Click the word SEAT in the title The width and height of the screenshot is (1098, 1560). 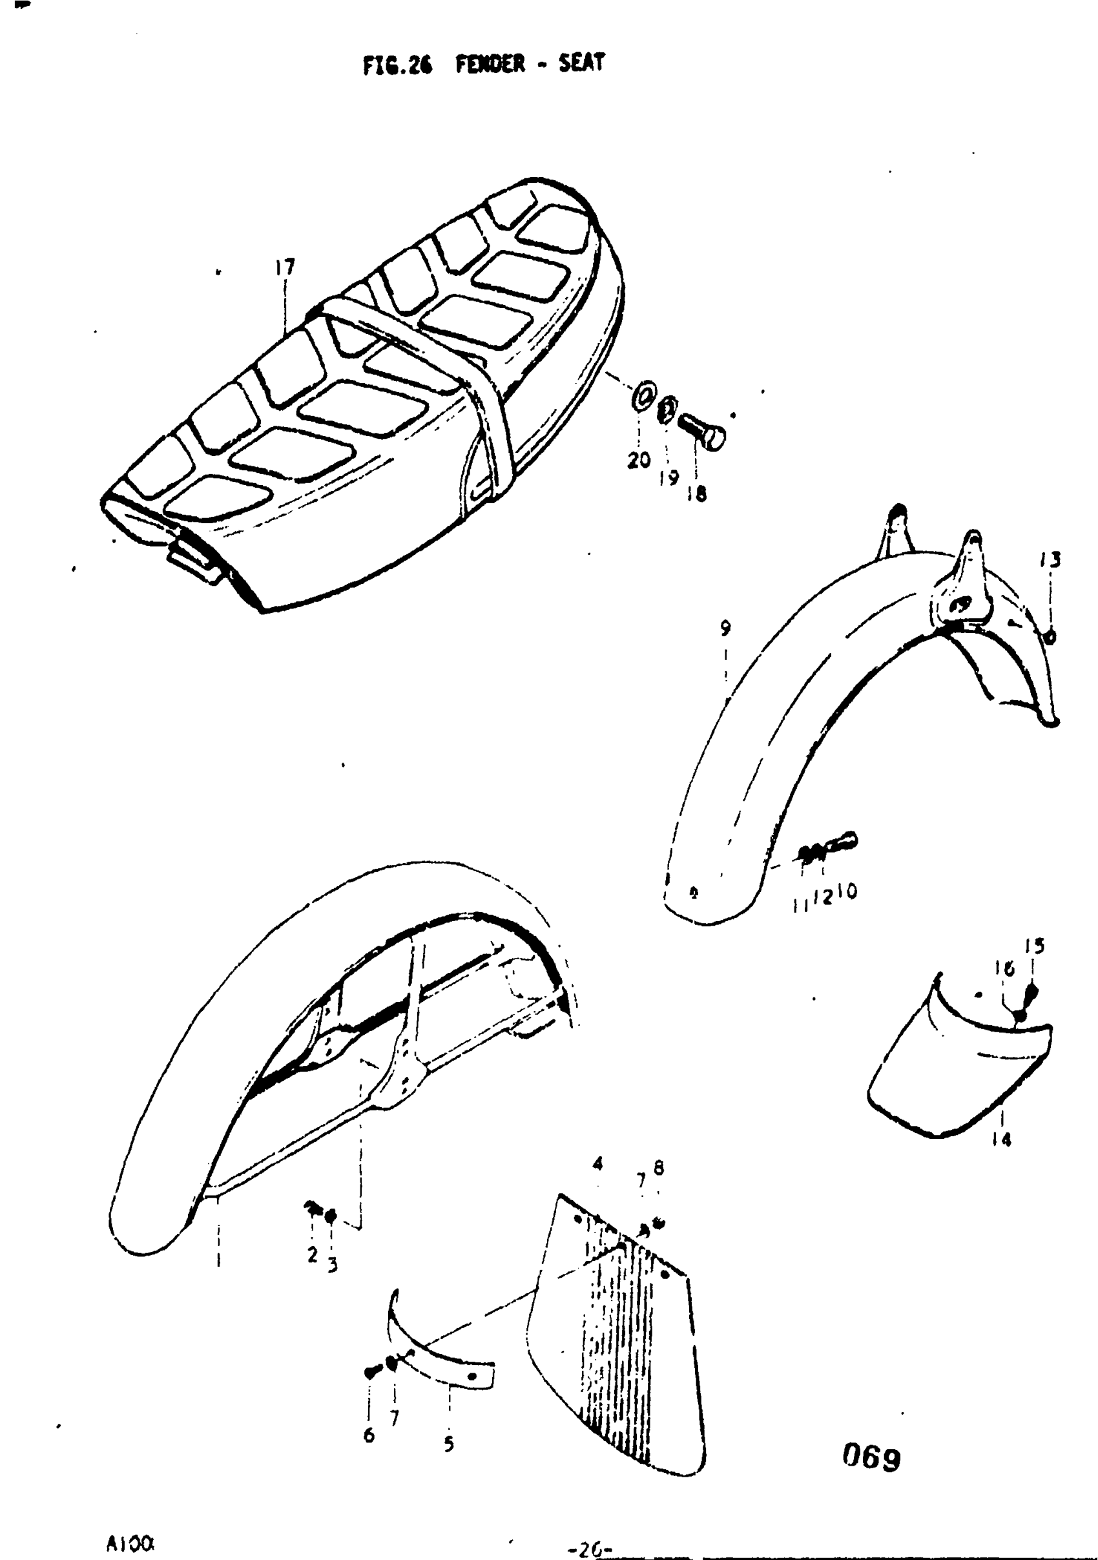tap(581, 63)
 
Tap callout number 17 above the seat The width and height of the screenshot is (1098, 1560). tap(285, 267)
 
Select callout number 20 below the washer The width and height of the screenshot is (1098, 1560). tap(639, 460)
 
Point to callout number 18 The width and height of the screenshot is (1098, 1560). tap(697, 494)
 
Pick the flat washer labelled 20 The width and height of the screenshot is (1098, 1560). tap(643, 395)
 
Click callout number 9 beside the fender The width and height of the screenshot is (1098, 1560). tap(726, 629)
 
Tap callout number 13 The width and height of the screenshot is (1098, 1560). tap(1050, 560)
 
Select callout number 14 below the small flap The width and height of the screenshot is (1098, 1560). tap(1002, 1139)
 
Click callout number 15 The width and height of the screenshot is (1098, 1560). tap(1035, 946)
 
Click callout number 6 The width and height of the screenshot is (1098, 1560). tap(369, 1435)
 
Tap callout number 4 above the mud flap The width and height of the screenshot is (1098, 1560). tap(598, 1164)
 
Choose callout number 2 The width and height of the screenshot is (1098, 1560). tap(313, 1254)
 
